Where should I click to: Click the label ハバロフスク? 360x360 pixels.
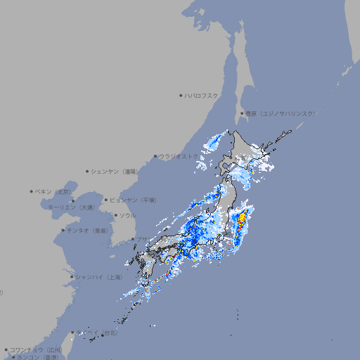point(202,96)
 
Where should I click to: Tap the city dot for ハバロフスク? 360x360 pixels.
point(181,96)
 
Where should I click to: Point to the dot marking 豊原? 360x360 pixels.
point(242,113)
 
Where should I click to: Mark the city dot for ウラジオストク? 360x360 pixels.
point(155,156)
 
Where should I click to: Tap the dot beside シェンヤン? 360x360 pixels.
point(88,171)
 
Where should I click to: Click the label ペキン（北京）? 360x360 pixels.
point(53,191)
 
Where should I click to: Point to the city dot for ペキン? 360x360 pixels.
point(32,191)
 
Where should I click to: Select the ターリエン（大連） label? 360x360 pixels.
point(70,207)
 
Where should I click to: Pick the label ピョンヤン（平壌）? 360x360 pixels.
point(133,200)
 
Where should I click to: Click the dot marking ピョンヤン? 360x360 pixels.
point(106,200)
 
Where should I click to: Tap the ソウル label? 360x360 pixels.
point(127,215)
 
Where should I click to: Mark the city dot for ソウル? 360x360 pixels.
point(115,215)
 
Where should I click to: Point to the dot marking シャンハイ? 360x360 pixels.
point(72,277)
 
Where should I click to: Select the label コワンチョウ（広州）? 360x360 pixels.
point(35,349)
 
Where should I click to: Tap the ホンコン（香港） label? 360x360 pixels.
point(36,357)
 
